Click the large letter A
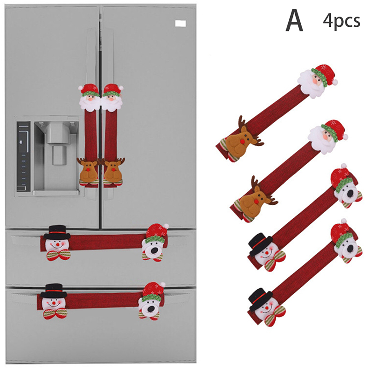pos(294,20)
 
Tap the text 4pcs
pos(341,21)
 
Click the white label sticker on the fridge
pos(180,24)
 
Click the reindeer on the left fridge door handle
pos(88,171)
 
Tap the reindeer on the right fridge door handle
pos(113,171)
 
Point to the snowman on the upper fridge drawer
pos(57,243)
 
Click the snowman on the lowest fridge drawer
pos(54,302)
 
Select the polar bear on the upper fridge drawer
pos(155,243)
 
